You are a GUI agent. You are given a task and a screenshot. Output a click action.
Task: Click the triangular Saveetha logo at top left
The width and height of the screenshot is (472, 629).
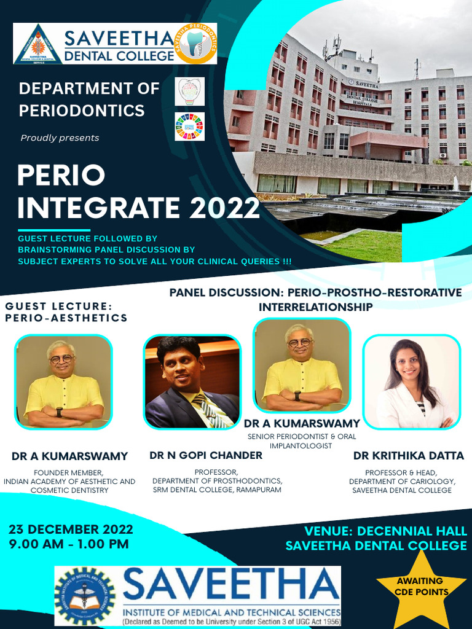37,44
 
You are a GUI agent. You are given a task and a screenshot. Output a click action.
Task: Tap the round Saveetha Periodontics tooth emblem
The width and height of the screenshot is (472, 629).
195,44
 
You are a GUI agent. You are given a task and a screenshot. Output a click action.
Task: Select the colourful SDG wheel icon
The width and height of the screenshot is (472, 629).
189,127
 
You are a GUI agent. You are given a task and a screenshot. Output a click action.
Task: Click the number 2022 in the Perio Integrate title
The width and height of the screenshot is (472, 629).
224,207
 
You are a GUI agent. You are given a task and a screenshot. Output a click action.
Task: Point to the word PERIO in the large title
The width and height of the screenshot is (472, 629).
61,176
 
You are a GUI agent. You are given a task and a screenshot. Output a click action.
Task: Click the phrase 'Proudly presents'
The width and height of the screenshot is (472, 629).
60,138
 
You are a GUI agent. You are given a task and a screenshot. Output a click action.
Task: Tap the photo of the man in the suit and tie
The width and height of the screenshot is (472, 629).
192,382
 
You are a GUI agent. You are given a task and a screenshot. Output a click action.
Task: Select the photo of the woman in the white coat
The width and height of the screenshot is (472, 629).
411,382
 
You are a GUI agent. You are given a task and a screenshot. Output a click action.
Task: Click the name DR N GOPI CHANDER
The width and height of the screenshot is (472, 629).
206,455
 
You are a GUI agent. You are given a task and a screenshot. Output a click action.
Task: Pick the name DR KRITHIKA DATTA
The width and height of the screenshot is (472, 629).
408,456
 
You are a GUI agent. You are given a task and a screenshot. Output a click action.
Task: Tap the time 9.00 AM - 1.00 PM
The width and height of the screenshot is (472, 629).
68,544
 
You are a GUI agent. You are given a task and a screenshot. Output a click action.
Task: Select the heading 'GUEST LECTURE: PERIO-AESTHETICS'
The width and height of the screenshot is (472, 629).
66,311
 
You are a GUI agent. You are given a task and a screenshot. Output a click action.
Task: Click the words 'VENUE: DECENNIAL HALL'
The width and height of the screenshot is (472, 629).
386,531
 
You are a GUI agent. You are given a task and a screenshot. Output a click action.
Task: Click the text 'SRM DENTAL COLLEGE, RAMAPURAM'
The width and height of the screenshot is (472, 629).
217,490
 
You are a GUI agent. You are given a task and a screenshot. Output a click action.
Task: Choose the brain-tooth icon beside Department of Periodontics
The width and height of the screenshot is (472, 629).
189,92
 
